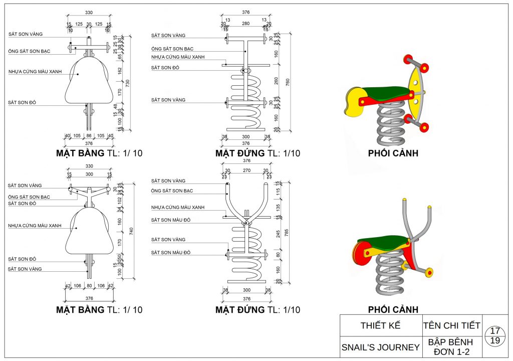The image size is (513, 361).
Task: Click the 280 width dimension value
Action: (245, 23)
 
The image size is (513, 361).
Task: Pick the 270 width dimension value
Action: (245, 170)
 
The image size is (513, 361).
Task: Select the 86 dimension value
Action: (89, 136)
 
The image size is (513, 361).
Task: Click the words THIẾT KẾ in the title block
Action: (381, 325)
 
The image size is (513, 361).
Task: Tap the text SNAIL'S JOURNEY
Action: (381, 347)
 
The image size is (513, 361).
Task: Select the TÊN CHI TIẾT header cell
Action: (451, 325)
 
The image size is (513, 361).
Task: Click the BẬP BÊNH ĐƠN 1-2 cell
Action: (451, 347)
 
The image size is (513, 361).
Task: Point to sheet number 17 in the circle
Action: (495, 331)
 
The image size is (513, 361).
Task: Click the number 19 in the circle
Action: (495, 341)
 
